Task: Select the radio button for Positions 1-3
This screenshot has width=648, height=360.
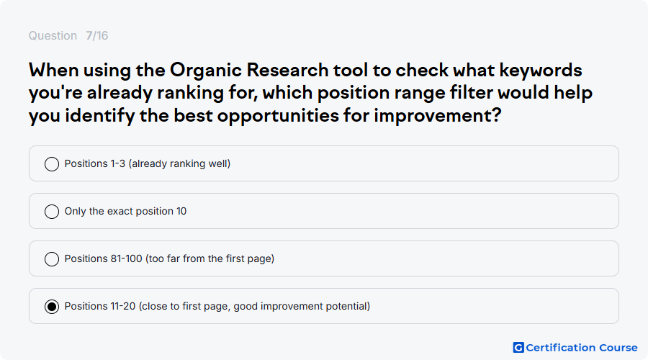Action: (x=52, y=164)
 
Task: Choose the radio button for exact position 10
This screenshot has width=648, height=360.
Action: (x=52, y=212)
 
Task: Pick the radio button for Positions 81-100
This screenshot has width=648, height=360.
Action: (x=52, y=259)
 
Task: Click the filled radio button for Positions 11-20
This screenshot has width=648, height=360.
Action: (x=52, y=307)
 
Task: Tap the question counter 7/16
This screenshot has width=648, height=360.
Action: (x=96, y=35)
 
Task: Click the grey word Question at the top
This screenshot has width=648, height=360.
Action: (x=53, y=36)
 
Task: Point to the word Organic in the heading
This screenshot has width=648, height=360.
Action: (x=206, y=71)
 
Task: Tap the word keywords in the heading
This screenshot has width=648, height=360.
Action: (x=541, y=71)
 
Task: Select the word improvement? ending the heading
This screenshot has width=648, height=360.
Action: (x=437, y=116)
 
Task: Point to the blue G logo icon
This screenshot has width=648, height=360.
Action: (x=518, y=348)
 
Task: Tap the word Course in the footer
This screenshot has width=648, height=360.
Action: (x=618, y=348)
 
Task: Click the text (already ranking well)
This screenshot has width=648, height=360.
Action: (x=179, y=163)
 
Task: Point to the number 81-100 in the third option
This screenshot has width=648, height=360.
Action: (x=126, y=258)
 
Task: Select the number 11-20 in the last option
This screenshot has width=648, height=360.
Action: (x=122, y=306)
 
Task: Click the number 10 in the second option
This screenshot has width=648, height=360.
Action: (x=181, y=211)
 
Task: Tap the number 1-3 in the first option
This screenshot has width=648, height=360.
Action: (x=117, y=163)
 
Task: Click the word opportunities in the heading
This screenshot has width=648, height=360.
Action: (x=278, y=116)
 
